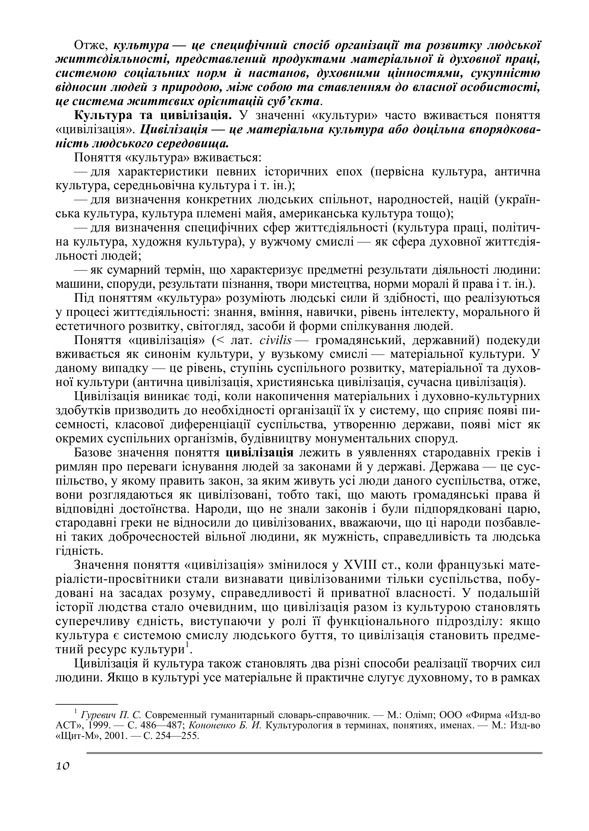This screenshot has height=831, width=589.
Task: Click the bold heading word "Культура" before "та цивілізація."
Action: [101, 115]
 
